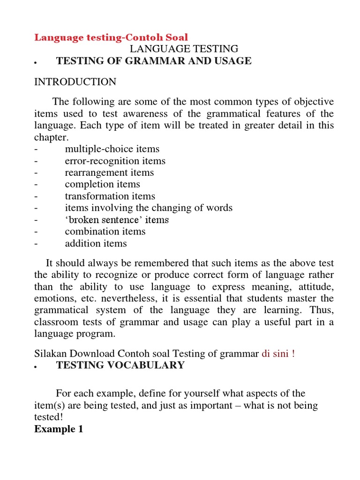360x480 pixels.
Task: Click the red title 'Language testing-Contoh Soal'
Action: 111,37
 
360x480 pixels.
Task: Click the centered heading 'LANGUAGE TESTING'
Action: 184,49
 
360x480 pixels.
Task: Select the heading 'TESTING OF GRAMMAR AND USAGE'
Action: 154,61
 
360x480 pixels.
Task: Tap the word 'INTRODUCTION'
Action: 75,82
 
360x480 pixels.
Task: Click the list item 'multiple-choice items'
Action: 112,149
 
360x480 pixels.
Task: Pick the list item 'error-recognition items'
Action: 115,161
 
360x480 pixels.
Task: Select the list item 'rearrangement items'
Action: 109,172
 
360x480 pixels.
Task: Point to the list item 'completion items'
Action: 102,184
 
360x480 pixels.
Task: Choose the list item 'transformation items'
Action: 110,196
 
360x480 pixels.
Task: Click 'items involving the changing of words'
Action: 149,208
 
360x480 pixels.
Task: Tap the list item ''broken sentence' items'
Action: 117,220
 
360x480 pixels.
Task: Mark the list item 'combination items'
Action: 105,232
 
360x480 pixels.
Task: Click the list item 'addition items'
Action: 96,243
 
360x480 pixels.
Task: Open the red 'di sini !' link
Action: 278,353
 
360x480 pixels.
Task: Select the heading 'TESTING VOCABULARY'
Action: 120,365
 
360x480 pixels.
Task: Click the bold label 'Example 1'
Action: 59,429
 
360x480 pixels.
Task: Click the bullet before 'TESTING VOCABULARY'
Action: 36,366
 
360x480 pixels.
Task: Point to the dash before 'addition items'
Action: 36,243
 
